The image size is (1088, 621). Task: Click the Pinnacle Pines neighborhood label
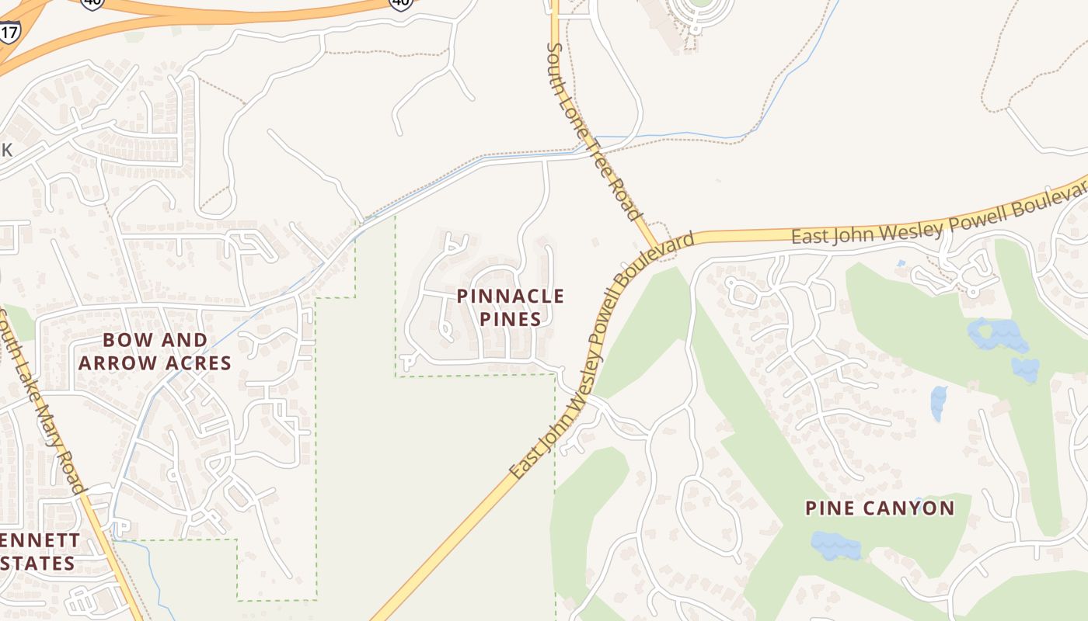510,307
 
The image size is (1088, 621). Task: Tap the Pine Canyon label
879,508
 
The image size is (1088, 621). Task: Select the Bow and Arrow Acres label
155,352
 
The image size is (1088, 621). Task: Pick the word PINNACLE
510,297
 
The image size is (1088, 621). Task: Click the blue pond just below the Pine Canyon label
836,545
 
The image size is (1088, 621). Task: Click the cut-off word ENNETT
40,540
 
